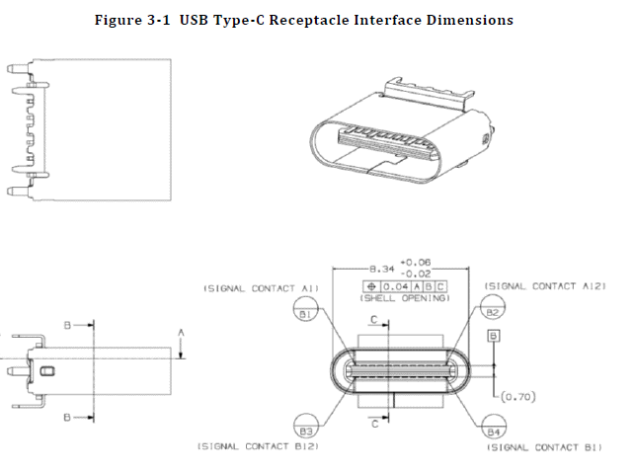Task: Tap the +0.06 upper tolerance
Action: (x=415, y=263)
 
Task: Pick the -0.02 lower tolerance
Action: (x=415, y=274)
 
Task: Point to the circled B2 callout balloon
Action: (x=494, y=312)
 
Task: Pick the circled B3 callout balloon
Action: (x=306, y=432)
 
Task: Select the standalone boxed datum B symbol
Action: (x=493, y=336)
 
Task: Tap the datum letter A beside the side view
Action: (x=181, y=334)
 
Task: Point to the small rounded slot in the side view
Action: (x=48, y=370)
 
